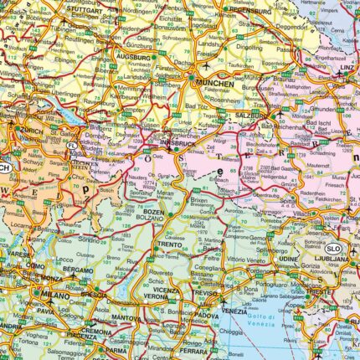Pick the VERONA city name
click(155, 296)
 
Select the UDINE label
click(289, 260)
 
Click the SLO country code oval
click(333, 249)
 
